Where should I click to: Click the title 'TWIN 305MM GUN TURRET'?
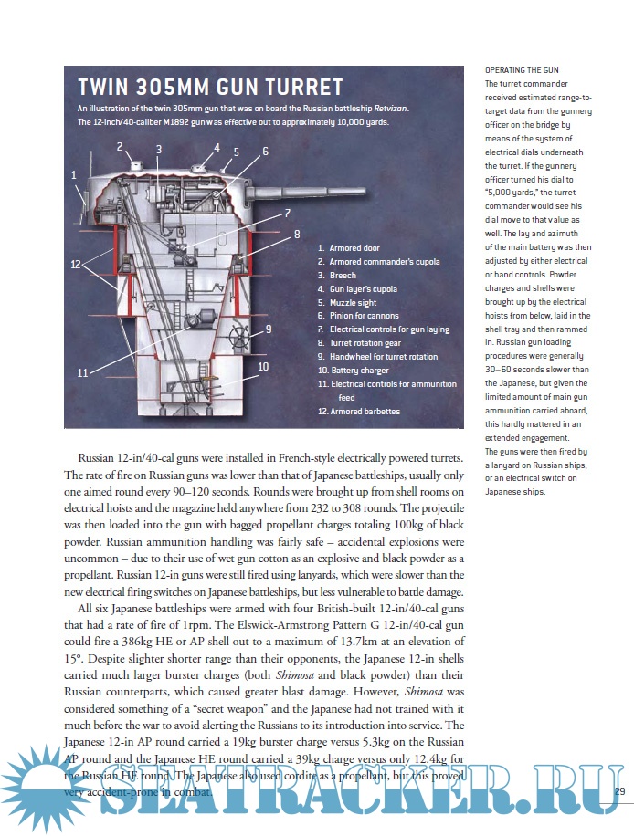point(210,88)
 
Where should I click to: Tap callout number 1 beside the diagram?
point(74,173)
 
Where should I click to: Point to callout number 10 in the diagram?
point(263,366)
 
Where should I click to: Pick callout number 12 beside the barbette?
point(78,264)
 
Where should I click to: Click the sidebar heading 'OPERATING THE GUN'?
point(522,70)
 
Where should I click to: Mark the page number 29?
point(618,789)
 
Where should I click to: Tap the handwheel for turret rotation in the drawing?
point(243,330)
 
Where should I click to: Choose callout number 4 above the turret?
point(217,147)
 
